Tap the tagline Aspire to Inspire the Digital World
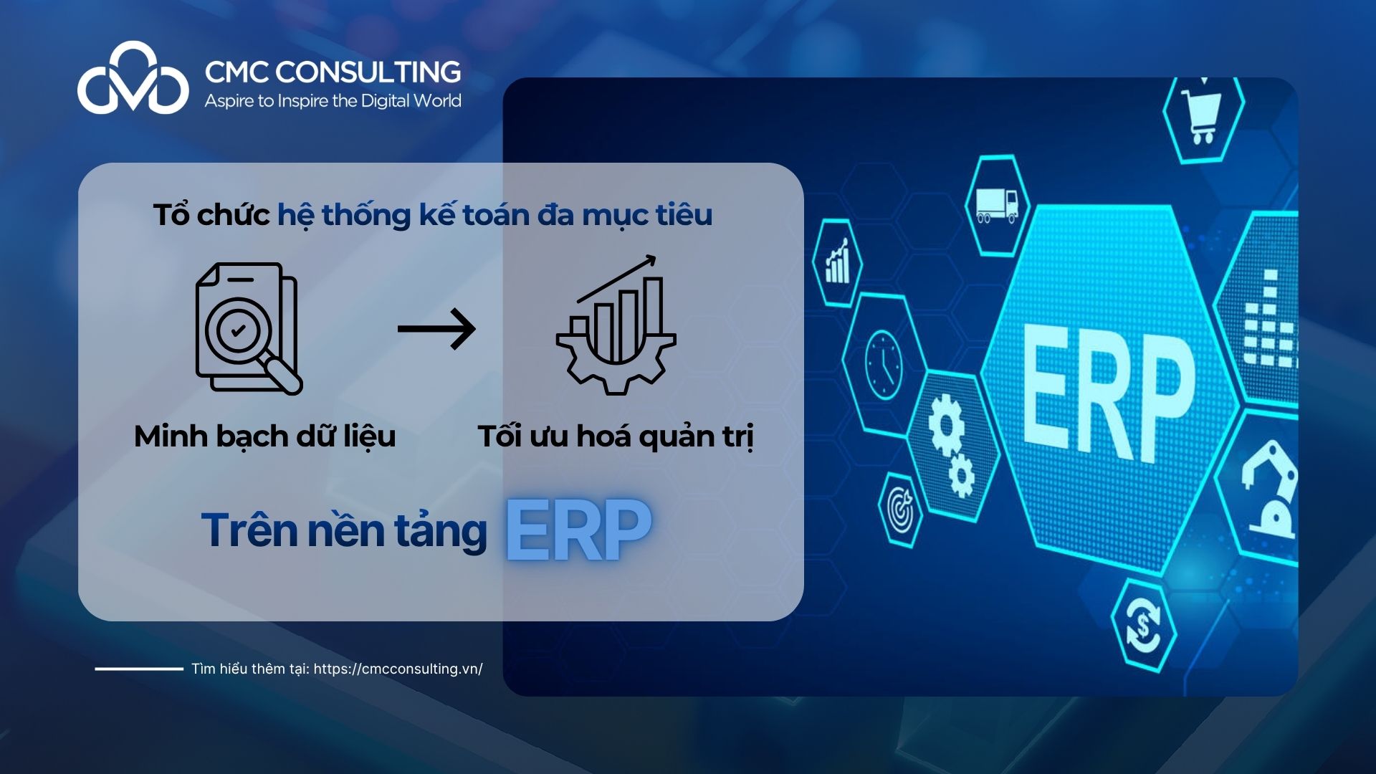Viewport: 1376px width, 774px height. (x=333, y=101)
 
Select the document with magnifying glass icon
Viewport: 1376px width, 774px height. (x=248, y=328)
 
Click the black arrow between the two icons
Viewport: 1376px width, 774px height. (x=436, y=329)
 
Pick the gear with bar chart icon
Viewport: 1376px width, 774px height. (x=616, y=326)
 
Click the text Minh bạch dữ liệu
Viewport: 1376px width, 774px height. (x=264, y=436)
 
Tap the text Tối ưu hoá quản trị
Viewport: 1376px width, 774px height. (x=616, y=436)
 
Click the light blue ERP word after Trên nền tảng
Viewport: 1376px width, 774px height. (x=578, y=530)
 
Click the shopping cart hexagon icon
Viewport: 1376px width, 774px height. (x=1203, y=118)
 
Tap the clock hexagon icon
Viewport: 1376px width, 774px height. (x=883, y=365)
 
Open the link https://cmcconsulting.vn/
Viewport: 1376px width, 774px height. (x=398, y=669)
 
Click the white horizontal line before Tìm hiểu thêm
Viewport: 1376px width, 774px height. (x=139, y=669)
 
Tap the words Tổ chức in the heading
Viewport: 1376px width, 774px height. (x=211, y=215)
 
